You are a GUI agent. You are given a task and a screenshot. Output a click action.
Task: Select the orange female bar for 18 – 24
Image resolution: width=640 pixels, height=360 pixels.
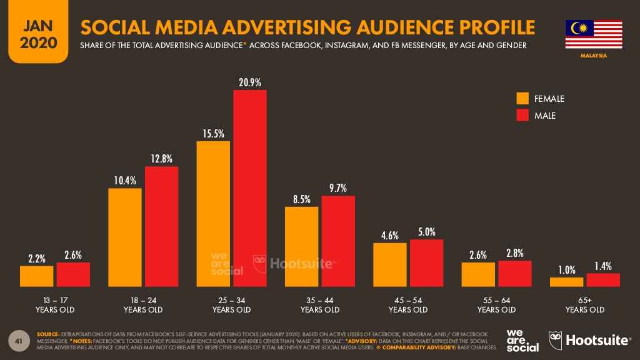point(125,237)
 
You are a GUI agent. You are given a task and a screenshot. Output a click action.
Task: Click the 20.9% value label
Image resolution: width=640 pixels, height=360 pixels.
point(249,82)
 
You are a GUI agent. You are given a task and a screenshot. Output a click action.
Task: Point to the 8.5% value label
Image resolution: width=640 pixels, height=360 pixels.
point(301,200)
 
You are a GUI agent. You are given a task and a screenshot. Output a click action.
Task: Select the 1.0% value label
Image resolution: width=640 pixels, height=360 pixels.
point(566,270)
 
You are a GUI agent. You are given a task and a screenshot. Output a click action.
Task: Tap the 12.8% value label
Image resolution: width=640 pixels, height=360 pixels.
point(161,159)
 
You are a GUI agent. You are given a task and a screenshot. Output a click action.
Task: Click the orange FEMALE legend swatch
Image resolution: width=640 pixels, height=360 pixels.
point(522,99)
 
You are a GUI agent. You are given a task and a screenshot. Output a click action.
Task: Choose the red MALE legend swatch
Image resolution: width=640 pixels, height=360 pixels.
point(522,116)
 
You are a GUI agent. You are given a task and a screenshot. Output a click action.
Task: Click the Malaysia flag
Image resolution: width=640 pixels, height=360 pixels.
point(593,34)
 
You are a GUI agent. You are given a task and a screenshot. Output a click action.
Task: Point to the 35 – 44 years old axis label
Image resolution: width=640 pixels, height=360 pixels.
point(320,305)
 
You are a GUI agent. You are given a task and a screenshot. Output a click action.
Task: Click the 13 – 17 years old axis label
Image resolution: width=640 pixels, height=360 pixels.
point(55,305)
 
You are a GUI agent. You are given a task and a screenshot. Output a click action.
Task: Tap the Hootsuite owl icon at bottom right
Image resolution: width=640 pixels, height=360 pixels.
point(556,341)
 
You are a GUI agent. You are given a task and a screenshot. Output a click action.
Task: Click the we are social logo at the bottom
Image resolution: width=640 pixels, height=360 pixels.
point(522,340)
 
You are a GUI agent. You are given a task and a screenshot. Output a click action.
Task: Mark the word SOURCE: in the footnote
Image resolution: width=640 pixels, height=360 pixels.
point(48,334)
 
